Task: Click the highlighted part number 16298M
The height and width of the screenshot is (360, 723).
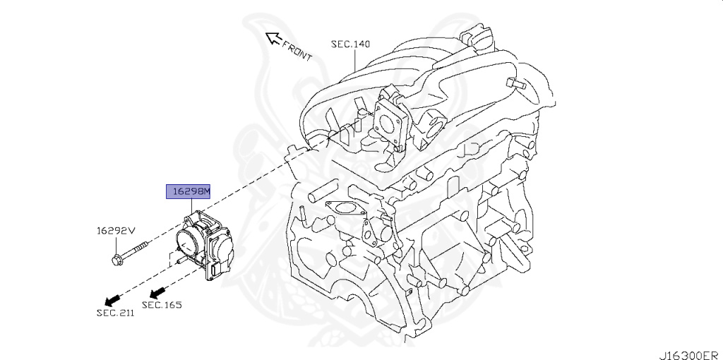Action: coord(189,191)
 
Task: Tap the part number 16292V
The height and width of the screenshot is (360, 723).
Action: coord(115,231)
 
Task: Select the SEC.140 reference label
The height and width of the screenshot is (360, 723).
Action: coord(351,44)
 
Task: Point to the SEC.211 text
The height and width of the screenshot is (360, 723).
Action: coord(116,313)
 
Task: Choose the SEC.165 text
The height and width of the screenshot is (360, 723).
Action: coord(162,305)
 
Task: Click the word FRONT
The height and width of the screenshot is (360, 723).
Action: coord(297,52)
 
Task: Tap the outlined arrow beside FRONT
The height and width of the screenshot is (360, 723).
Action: coord(270,37)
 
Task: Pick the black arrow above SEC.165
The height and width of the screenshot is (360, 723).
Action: coord(157,290)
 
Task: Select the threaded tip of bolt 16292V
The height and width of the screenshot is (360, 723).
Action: coord(146,244)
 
